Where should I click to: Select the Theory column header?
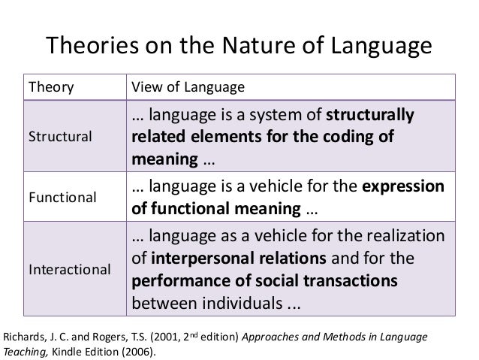point(51,86)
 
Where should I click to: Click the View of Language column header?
point(188,86)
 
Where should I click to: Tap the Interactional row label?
point(68,268)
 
